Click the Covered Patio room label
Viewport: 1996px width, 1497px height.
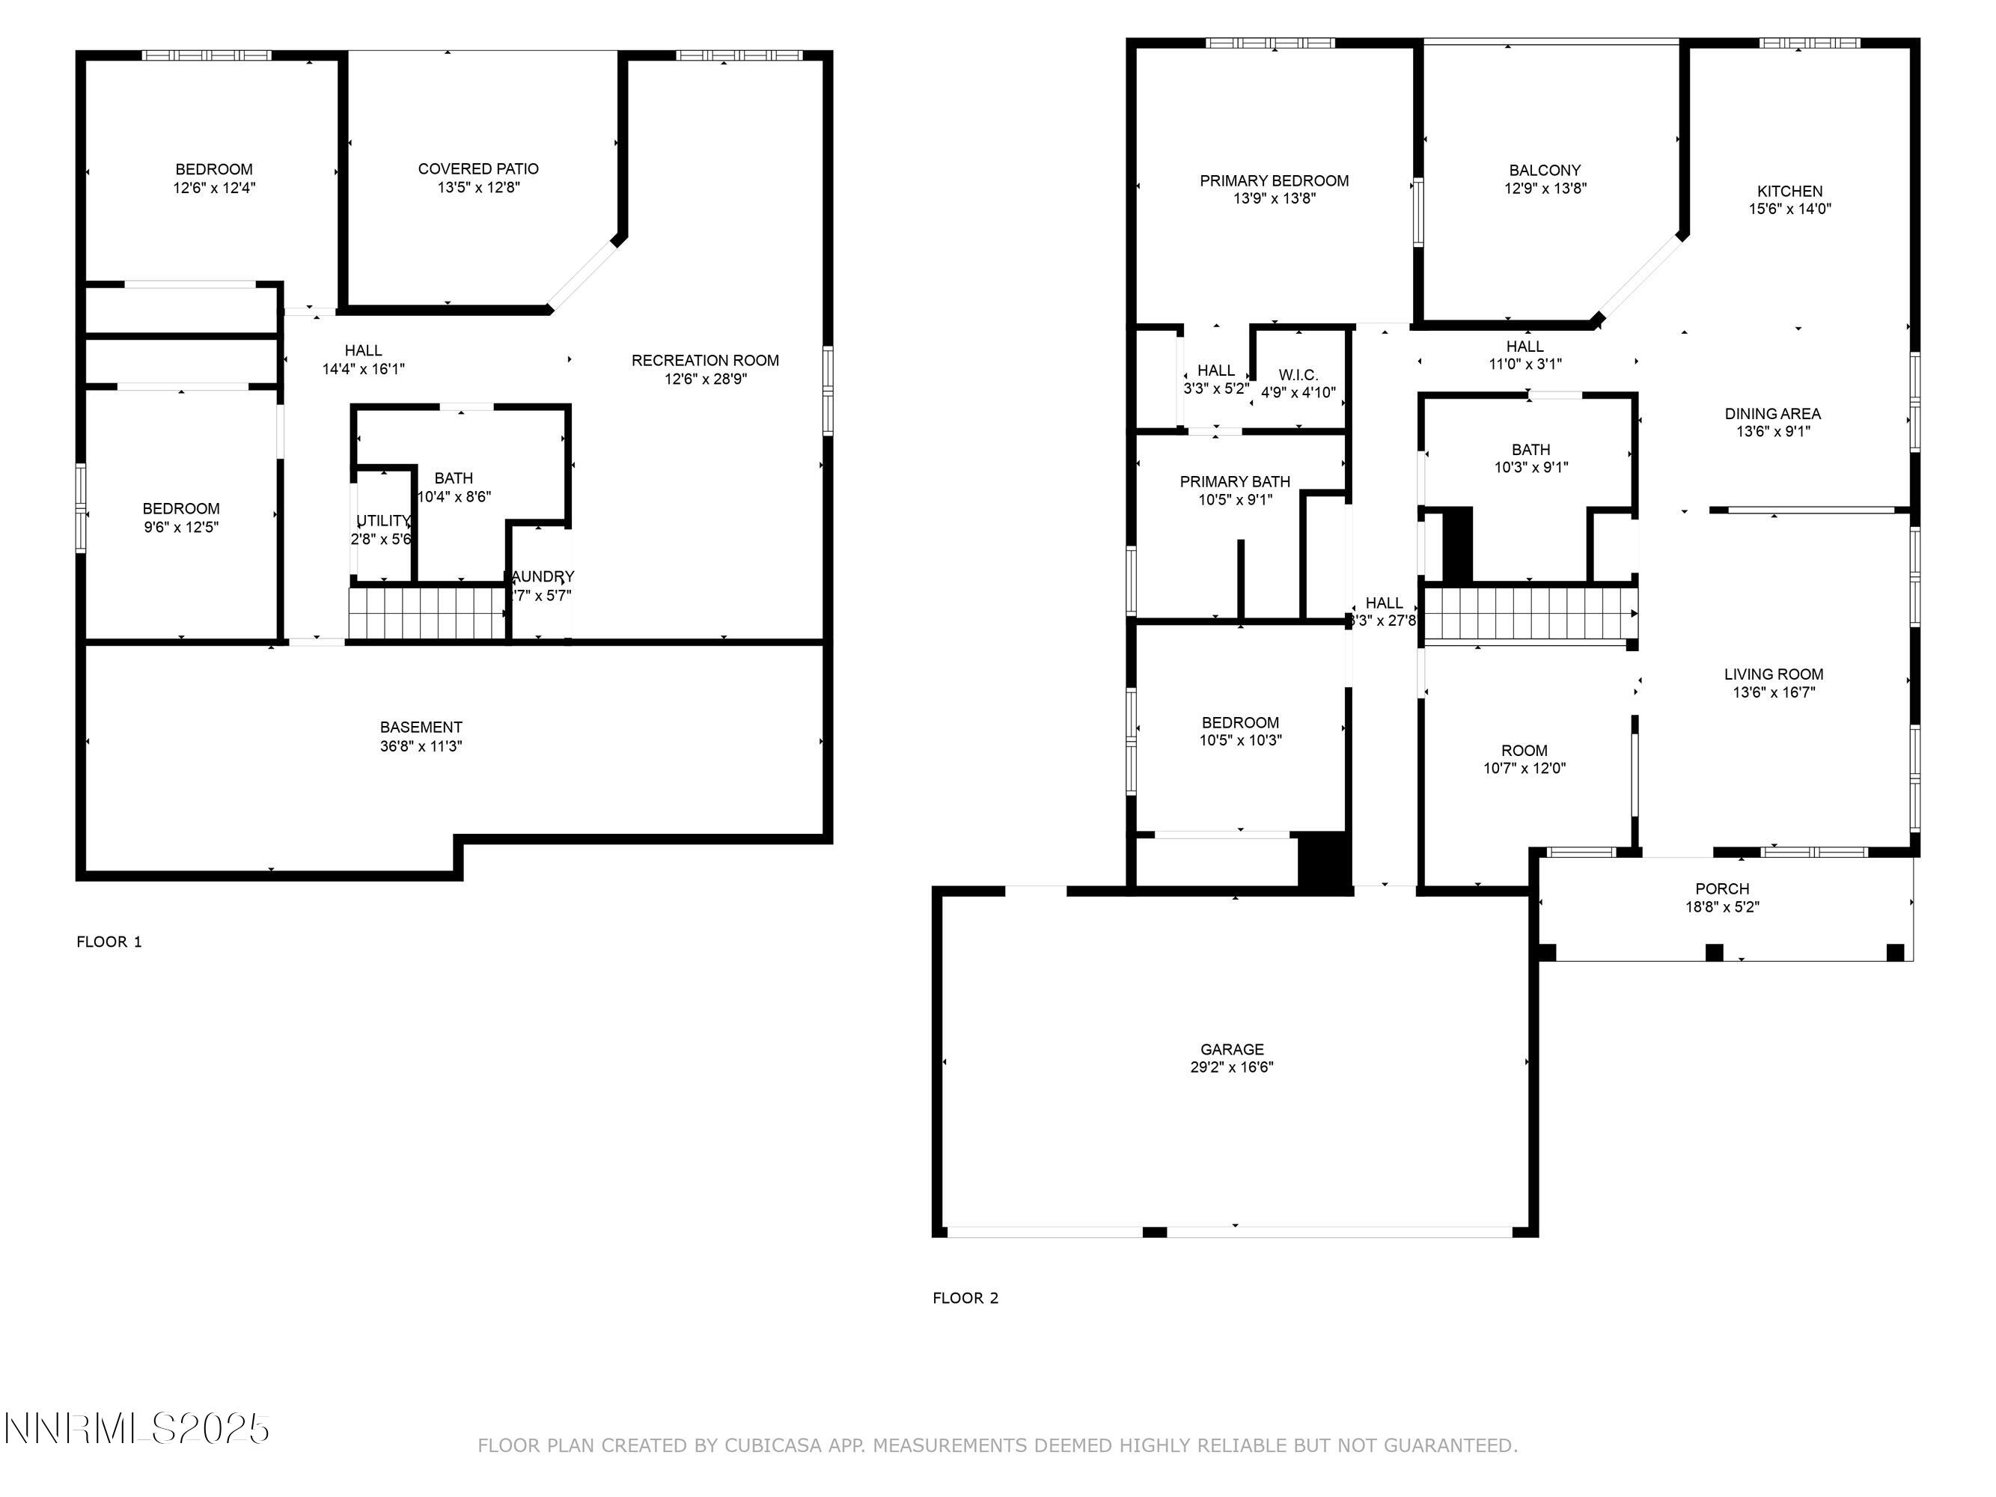pyautogui.click(x=478, y=168)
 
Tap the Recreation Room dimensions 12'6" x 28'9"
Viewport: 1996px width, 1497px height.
pyautogui.click(x=706, y=379)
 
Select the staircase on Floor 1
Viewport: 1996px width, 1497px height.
pyautogui.click(x=428, y=613)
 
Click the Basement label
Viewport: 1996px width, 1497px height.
pyautogui.click(x=421, y=728)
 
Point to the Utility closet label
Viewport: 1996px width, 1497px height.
pyautogui.click(x=382, y=522)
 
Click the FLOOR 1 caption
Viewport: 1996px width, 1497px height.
pyautogui.click(x=109, y=942)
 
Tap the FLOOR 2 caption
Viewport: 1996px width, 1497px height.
pyautogui.click(x=965, y=1299)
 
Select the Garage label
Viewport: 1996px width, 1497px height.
pyautogui.click(x=1232, y=1049)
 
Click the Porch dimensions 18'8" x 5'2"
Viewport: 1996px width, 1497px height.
pyautogui.click(x=1721, y=907)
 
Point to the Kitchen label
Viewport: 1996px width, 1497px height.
pyautogui.click(x=1789, y=192)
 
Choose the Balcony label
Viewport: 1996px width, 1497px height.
pyautogui.click(x=1545, y=171)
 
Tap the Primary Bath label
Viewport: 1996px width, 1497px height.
pyautogui.click(x=1234, y=482)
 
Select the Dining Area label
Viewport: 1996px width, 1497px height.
pyautogui.click(x=1772, y=414)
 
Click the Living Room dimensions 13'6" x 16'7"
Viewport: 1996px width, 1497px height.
pyautogui.click(x=1773, y=693)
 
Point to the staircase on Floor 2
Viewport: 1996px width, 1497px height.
pyautogui.click(x=1530, y=614)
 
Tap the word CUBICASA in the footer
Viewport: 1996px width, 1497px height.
pyautogui.click(x=772, y=1445)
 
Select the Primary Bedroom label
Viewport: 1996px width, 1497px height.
pyautogui.click(x=1274, y=181)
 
